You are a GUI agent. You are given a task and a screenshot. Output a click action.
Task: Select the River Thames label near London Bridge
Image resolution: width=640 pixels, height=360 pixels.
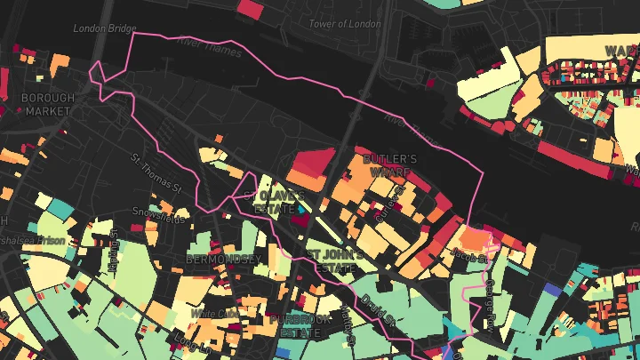[210, 47]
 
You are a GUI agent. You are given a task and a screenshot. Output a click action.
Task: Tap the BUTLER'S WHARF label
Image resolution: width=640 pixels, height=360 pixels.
[390, 165]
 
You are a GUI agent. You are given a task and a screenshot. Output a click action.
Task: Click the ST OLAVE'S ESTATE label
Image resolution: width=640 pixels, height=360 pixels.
[280, 201]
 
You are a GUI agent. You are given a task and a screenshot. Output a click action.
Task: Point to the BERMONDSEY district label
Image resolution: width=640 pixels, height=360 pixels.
[224, 260]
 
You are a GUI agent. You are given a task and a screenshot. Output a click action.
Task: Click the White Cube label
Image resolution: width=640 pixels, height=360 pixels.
[214, 314]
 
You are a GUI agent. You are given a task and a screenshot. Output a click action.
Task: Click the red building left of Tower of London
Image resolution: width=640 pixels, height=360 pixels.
[251, 9]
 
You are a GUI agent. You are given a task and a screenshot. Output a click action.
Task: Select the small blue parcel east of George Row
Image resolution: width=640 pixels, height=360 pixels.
[552, 290]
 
